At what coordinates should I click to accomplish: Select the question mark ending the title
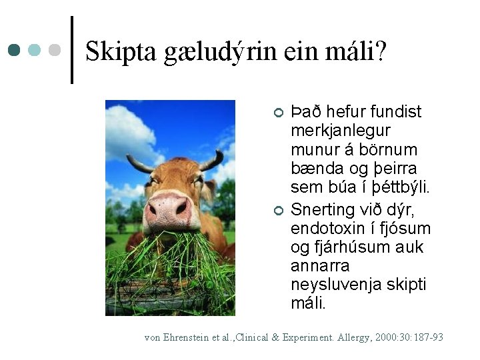380,51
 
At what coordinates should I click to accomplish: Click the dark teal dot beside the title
14,50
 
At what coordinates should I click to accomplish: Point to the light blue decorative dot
35,50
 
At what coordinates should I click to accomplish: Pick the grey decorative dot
55,50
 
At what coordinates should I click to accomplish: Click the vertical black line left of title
71,50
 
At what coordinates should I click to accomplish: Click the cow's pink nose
169,207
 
